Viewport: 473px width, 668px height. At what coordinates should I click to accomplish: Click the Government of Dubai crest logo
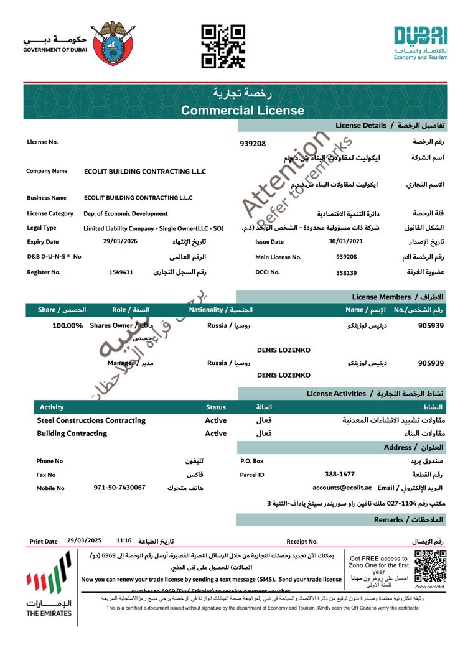(x=113, y=44)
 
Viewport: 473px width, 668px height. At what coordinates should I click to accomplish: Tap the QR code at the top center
(x=223, y=46)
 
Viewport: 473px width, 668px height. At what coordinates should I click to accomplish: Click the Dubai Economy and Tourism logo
(x=420, y=42)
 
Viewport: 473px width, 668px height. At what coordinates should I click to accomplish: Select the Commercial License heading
(x=243, y=111)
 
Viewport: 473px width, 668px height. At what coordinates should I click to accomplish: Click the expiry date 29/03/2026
(x=120, y=241)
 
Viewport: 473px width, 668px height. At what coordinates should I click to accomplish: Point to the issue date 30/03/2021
(x=345, y=241)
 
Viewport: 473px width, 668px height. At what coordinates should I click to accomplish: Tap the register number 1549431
(x=121, y=272)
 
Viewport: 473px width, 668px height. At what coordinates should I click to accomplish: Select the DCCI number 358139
(x=346, y=272)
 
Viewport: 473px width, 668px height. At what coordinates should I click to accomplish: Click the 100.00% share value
(x=68, y=325)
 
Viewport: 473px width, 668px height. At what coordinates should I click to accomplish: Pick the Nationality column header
(x=221, y=309)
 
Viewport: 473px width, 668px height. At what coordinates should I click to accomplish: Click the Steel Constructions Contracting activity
(x=91, y=420)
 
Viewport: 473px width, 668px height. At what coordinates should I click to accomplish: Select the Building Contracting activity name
(x=72, y=434)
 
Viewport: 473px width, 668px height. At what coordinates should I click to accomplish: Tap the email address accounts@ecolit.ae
(x=342, y=488)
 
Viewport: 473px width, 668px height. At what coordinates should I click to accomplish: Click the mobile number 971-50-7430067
(x=119, y=488)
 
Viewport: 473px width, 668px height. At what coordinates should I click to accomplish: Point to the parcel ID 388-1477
(x=340, y=475)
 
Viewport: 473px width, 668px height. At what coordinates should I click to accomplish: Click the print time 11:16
(x=124, y=541)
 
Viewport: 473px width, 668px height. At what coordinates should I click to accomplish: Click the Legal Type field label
(x=42, y=228)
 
